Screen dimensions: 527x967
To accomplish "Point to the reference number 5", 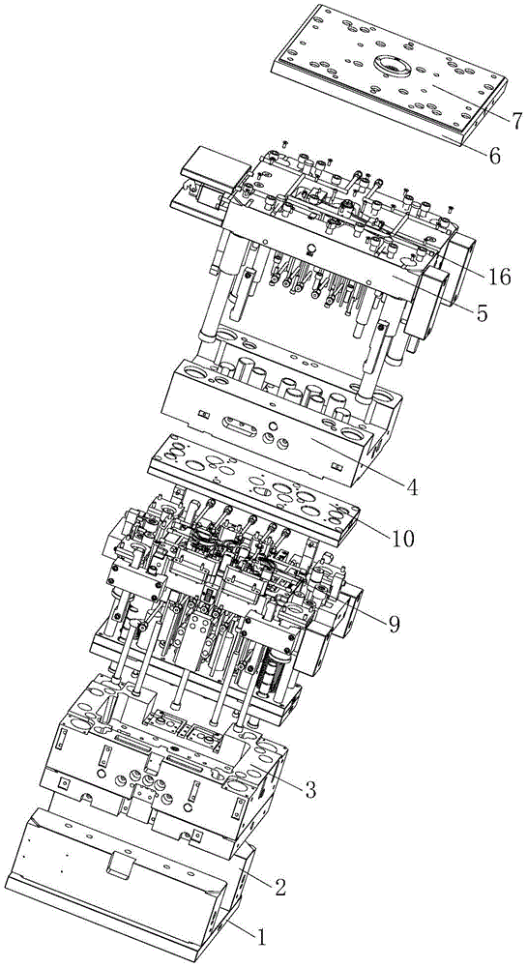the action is click(481, 312).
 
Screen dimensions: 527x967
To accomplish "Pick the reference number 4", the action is click(412, 487).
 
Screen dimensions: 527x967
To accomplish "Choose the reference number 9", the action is click(394, 624).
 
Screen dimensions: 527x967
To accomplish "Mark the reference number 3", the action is click(310, 789).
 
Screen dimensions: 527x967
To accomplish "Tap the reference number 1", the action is click(261, 938).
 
